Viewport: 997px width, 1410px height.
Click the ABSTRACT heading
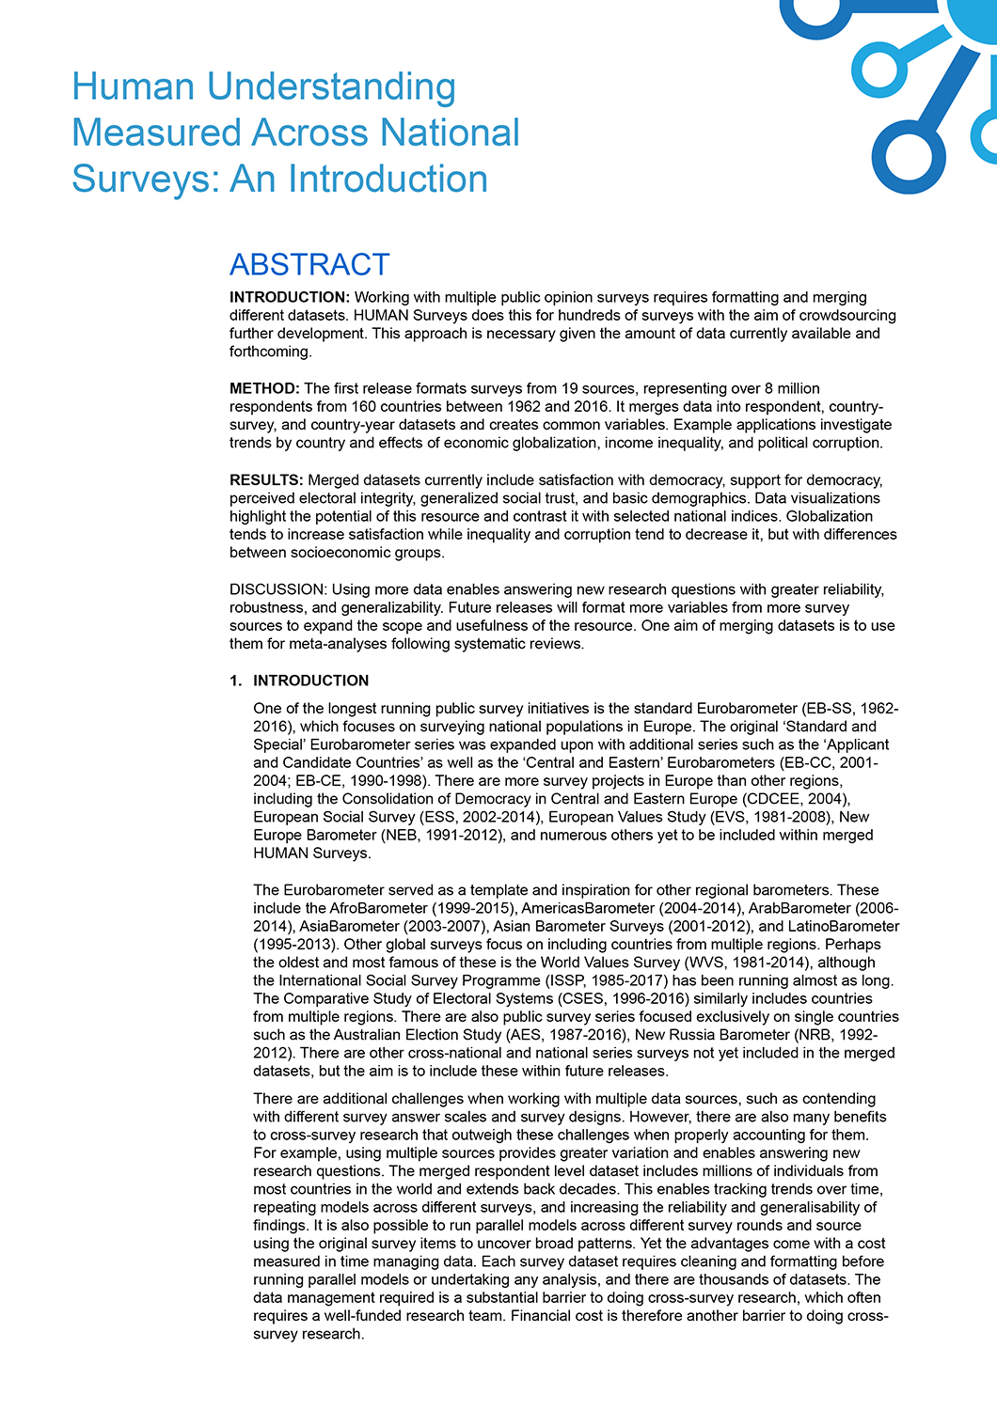point(309,265)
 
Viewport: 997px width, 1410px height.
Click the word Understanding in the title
point(331,87)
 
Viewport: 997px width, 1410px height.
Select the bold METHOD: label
point(264,388)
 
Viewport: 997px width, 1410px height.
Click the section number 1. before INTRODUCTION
point(236,681)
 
